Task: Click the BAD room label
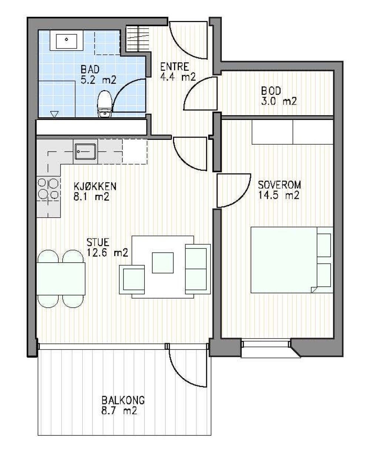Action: tap(90, 69)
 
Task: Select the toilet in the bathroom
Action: tap(105, 104)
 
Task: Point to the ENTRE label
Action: tap(174, 67)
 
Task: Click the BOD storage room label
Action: tap(271, 90)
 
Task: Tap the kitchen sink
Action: tap(85, 151)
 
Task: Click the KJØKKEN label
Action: tap(95, 186)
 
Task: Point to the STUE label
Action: tap(98, 242)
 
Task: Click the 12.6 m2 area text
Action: tap(107, 253)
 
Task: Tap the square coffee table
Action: tap(163, 263)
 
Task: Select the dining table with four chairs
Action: tap(61, 278)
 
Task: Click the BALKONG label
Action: tap(123, 400)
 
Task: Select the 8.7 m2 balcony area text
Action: tap(119, 411)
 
